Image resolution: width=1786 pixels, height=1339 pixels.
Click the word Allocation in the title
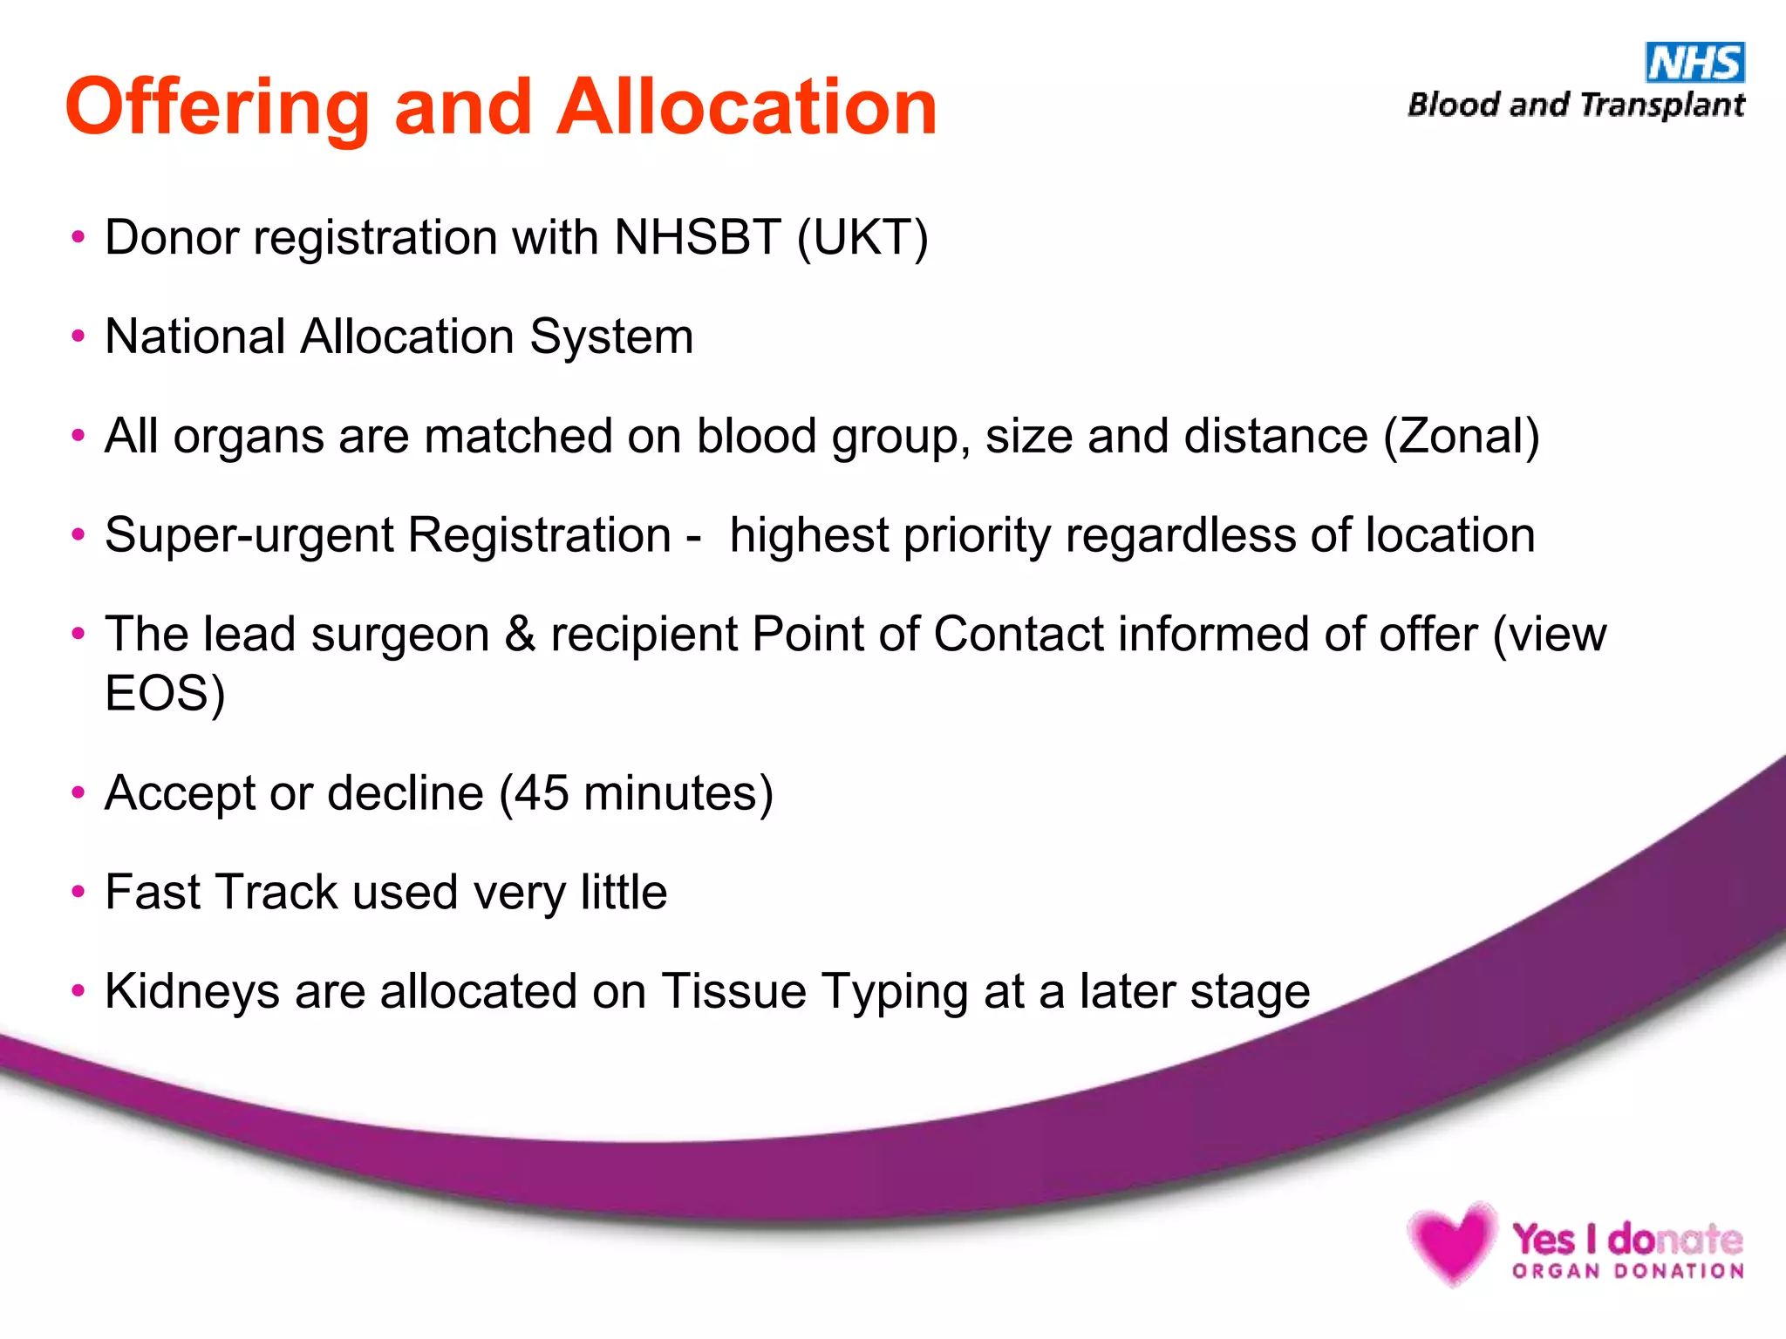point(746,107)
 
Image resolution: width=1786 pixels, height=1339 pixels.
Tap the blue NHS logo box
point(1694,63)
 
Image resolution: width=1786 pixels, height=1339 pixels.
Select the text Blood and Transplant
point(1576,105)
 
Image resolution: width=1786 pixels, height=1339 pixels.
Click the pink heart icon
point(1451,1241)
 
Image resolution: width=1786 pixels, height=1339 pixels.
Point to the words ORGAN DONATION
point(1628,1272)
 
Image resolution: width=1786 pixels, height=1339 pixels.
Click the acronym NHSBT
point(697,237)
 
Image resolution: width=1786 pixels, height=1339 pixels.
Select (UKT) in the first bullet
point(862,238)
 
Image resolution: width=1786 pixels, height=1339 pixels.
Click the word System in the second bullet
point(611,337)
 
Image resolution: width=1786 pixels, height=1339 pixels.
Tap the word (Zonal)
point(1462,436)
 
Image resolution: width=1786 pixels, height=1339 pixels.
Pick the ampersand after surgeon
point(520,634)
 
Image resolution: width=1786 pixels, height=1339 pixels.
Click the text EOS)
point(165,694)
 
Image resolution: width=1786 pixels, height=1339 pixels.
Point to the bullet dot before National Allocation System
point(78,336)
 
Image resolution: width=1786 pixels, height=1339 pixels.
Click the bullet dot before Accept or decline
point(78,793)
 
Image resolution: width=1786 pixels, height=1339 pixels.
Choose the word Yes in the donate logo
point(1543,1239)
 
